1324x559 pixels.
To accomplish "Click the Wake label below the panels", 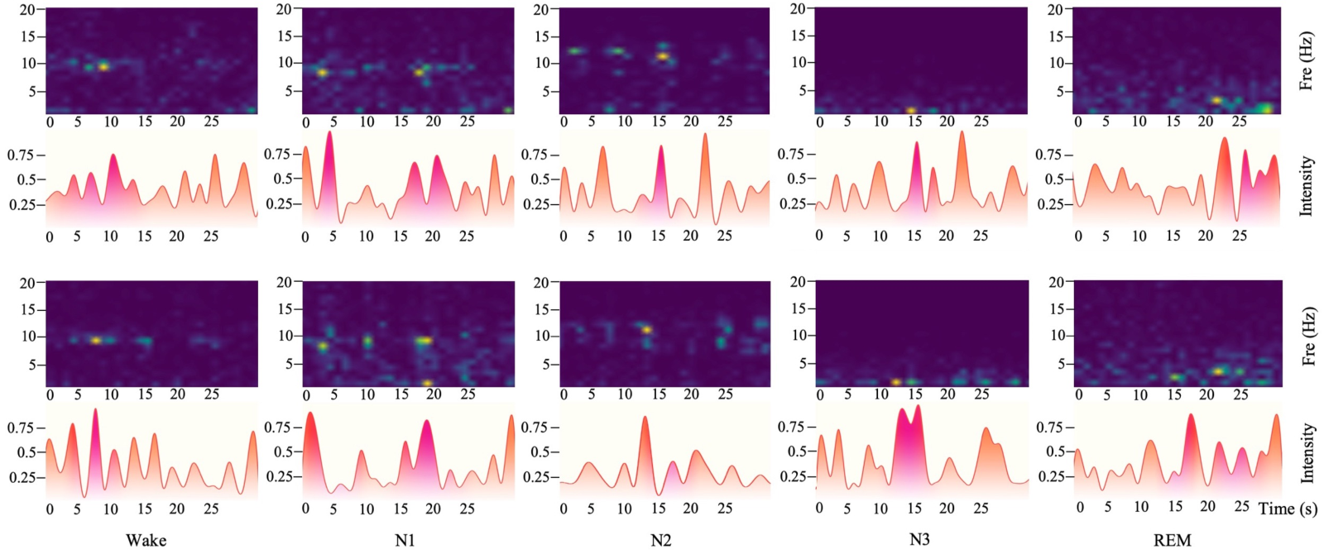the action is [146, 540].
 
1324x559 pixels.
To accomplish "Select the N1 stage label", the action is [405, 540].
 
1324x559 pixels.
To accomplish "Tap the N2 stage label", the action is [660, 540].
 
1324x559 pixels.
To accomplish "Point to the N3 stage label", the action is [919, 539].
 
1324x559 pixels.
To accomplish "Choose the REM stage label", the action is [1172, 540].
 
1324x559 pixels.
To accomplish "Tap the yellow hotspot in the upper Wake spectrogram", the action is [103, 67].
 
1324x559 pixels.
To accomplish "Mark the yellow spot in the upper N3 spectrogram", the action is [911, 111].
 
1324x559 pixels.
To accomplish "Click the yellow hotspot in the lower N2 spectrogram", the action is [646, 330].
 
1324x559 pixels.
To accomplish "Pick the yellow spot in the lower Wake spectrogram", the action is [96, 341].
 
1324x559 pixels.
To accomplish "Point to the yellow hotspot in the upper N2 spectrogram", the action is [663, 57].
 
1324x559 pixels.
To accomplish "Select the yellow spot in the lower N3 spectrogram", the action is [896, 383].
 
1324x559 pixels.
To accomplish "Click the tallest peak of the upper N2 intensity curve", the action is [705, 134].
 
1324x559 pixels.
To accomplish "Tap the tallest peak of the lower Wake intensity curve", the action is [95, 409].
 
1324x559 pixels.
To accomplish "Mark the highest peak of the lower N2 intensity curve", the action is [645, 418].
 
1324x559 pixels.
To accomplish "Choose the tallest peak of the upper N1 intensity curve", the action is [329, 131].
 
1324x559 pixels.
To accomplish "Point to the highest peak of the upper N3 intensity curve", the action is [962, 131].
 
